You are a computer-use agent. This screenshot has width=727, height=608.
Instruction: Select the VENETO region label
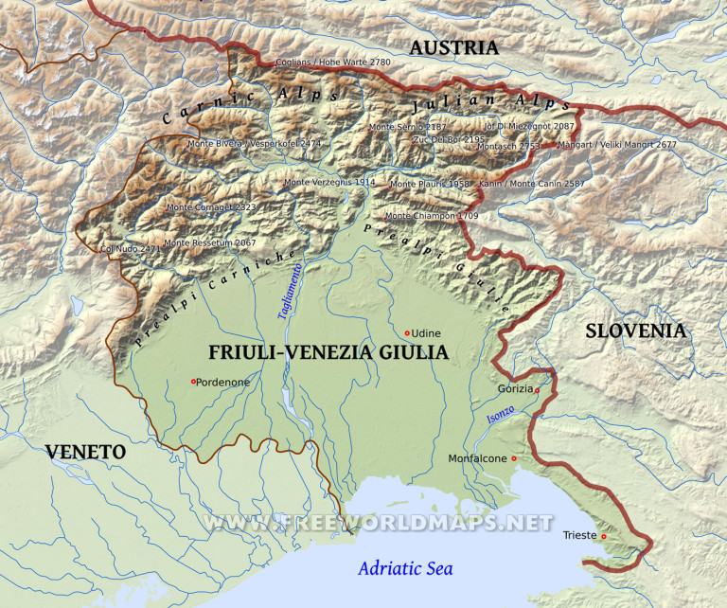click(86, 452)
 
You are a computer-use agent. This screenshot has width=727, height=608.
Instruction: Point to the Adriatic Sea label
click(405, 569)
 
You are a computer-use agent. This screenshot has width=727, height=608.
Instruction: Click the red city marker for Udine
click(407, 333)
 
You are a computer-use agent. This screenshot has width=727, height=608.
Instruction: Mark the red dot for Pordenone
click(193, 382)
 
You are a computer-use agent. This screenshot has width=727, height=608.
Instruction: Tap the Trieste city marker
click(604, 537)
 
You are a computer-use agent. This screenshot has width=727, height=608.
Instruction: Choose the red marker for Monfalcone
click(514, 459)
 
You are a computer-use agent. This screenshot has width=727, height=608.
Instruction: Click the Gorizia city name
click(515, 389)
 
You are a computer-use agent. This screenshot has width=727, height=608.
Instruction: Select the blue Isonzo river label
click(501, 415)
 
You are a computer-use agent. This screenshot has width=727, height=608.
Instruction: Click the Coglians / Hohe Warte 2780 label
click(332, 63)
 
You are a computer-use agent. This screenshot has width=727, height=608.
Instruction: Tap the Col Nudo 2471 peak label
click(131, 249)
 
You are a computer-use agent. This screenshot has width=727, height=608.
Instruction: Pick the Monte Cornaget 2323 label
click(211, 206)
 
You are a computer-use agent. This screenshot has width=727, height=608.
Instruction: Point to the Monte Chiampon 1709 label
click(431, 216)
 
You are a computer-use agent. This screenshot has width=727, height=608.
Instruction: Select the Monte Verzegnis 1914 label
click(329, 182)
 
